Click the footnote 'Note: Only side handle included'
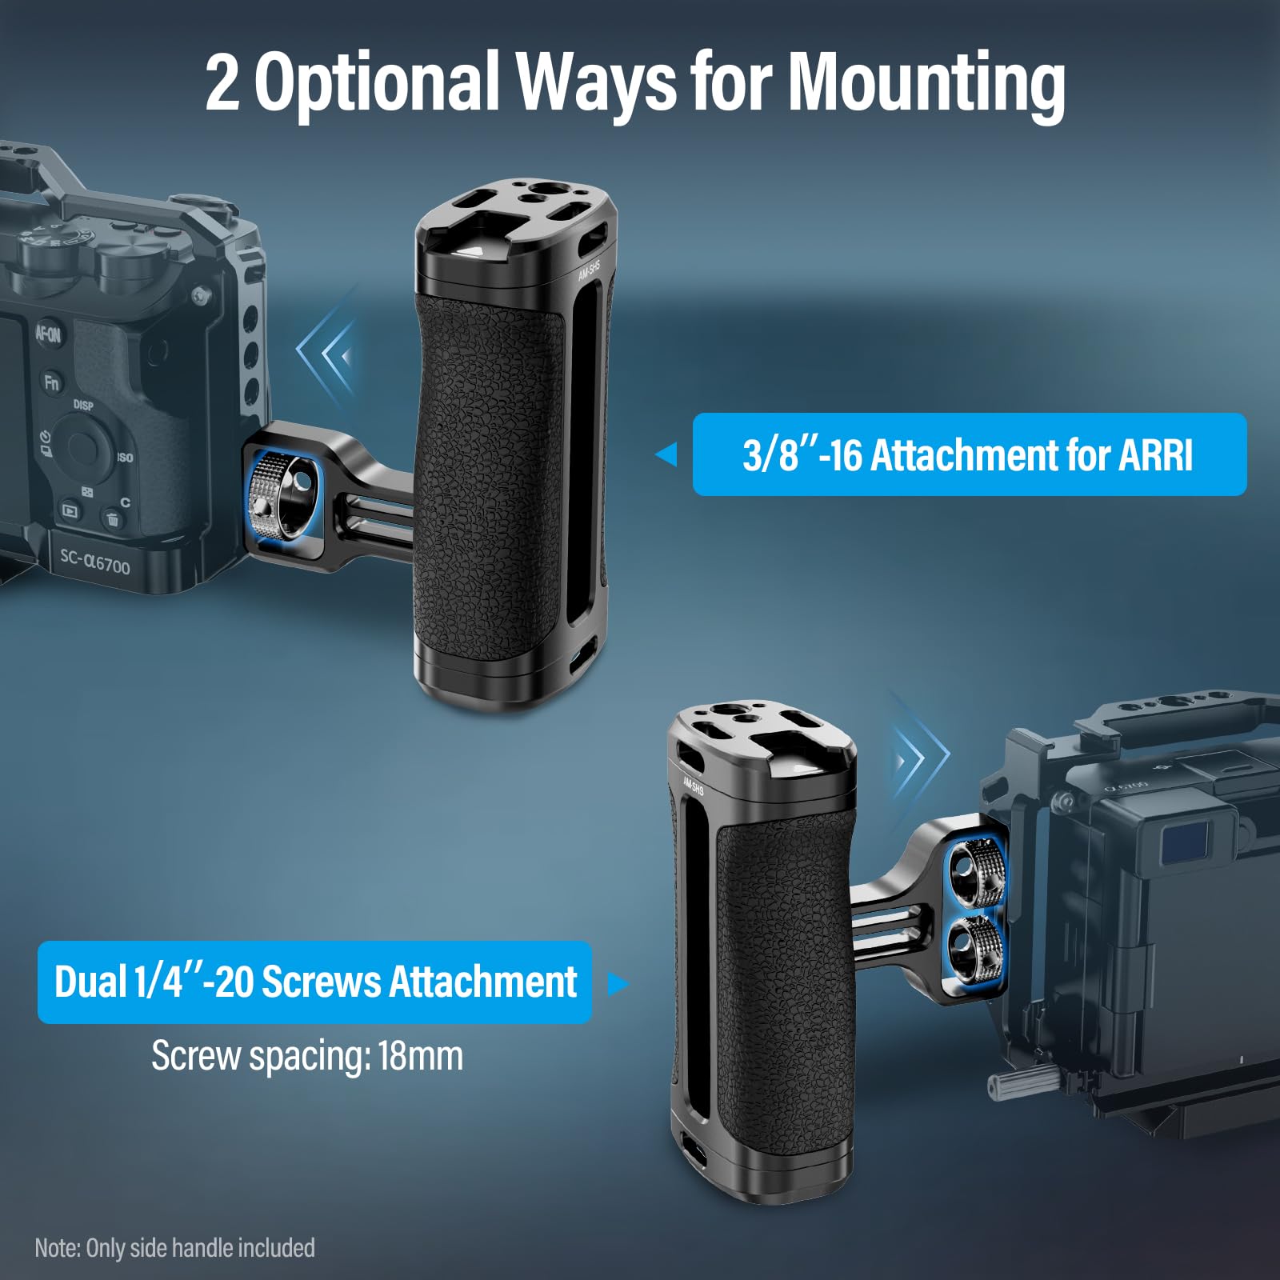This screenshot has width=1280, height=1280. pyautogui.click(x=174, y=1248)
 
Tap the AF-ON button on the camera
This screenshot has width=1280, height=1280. pyautogui.click(x=48, y=334)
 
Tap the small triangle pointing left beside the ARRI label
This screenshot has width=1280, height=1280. pyautogui.click(x=666, y=454)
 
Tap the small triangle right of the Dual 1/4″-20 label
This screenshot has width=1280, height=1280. pyautogui.click(x=618, y=983)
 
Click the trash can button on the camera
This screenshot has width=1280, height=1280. pyautogui.click(x=112, y=520)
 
